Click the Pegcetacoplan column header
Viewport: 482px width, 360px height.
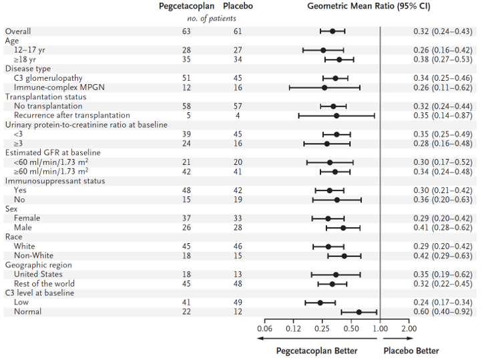[186, 7]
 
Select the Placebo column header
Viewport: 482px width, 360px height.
[238, 6]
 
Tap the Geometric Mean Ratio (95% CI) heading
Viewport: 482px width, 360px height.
[369, 7]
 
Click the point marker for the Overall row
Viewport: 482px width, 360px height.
[332, 31]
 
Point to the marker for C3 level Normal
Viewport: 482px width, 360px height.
[358, 312]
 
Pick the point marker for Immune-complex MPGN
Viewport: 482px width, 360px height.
[324, 87]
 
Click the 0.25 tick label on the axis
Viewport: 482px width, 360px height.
[322, 329]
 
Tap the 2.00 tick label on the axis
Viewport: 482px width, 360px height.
[409, 329]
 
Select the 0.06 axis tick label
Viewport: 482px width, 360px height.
[264, 329]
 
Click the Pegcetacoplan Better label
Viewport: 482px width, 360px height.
[316, 351]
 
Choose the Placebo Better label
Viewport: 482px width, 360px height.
[411, 351]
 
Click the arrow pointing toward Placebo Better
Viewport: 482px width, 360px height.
[398, 339]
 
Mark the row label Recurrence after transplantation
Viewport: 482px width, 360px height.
[72, 116]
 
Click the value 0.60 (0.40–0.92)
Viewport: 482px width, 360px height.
[443, 312]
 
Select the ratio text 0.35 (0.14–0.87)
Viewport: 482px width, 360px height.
[443, 116]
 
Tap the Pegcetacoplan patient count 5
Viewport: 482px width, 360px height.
[188, 116]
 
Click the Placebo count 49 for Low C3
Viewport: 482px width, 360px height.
[238, 303]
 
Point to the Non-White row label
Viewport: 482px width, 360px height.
[33, 256]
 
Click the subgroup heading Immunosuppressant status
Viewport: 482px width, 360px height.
[55, 181]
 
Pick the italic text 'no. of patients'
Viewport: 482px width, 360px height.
[212, 19]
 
